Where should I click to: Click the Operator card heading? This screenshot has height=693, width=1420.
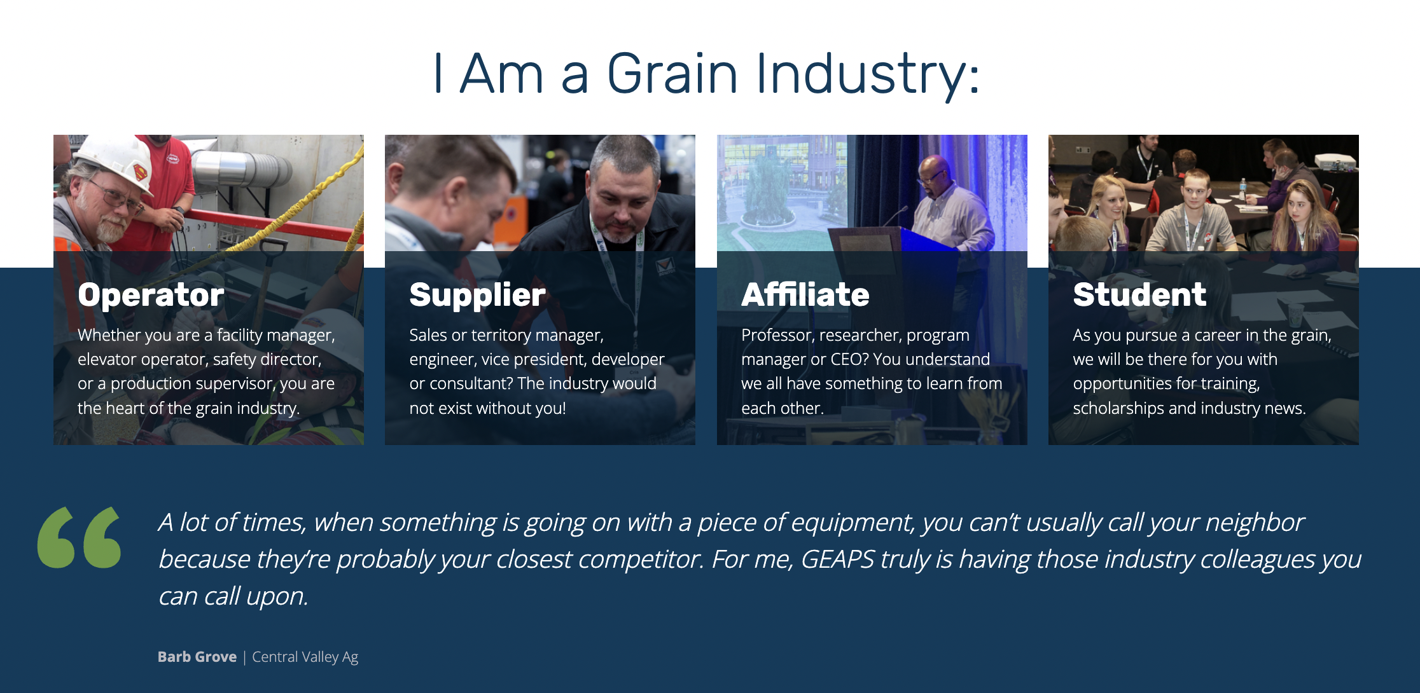click(x=151, y=295)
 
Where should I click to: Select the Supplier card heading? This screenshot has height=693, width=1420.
click(x=477, y=295)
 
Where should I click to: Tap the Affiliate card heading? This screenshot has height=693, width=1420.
click(x=805, y=295)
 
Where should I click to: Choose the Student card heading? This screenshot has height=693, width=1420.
click(x=1139, y=295)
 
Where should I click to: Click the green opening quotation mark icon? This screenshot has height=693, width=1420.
click(x=80, y=537)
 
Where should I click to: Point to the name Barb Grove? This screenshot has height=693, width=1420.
click(x=197, y=657)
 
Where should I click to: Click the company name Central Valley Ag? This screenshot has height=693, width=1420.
click(x=305, y=657)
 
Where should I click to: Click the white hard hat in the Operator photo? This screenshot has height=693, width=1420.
click(x=111, y=159)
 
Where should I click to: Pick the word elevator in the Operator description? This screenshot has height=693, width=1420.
click(x=107, y=359)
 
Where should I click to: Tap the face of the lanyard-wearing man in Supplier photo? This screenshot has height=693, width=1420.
click(x=620, y=203)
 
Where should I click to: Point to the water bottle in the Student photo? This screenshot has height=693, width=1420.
click(x=1242, y=188)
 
